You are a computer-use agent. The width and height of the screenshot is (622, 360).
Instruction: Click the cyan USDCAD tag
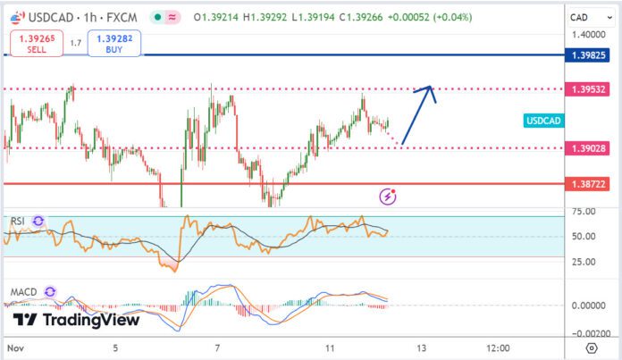(542, 121)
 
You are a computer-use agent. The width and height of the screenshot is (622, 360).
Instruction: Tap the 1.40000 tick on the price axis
(587, 34)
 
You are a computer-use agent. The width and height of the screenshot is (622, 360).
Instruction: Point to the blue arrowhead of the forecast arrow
(431, 88)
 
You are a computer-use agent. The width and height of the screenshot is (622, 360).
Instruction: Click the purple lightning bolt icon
(389, 196)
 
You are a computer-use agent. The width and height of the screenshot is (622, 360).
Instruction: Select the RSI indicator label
(17, 220)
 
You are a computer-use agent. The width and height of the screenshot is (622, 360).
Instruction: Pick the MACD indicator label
(23, 291)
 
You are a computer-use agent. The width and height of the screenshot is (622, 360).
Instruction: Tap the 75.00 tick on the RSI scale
(584, 212)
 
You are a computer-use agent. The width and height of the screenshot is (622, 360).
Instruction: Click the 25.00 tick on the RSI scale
(584, 262)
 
